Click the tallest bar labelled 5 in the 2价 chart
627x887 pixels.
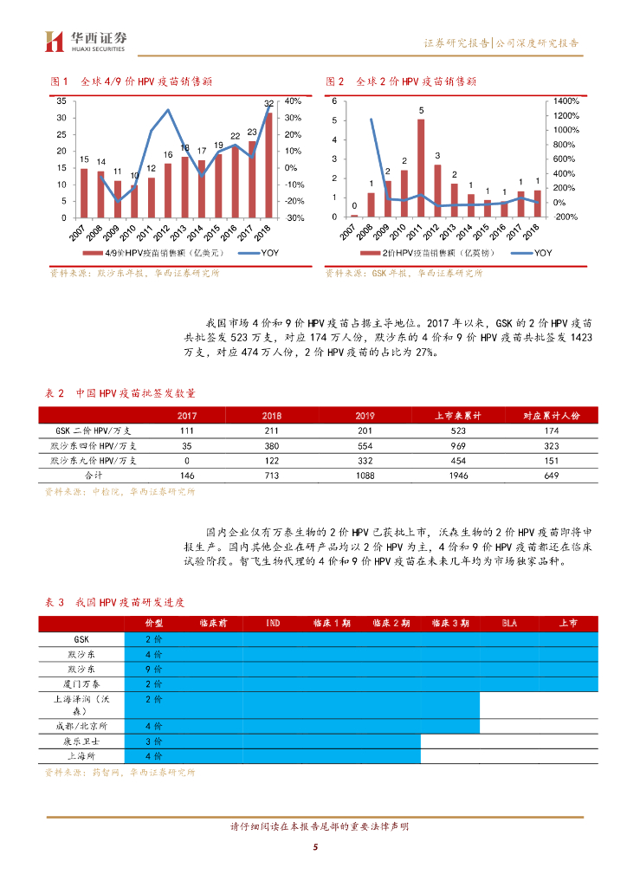tap(421, 168)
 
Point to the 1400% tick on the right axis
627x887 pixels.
tap(567, 101)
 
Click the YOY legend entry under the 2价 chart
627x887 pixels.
tap(532, 252)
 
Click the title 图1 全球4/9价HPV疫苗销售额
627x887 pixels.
tap(133, 81)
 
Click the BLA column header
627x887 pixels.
tap(510, 623)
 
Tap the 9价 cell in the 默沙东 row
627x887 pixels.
tap(154, 670)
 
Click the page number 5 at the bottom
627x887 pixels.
tap(316, 847)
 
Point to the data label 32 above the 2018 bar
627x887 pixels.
tap(269, 104)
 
